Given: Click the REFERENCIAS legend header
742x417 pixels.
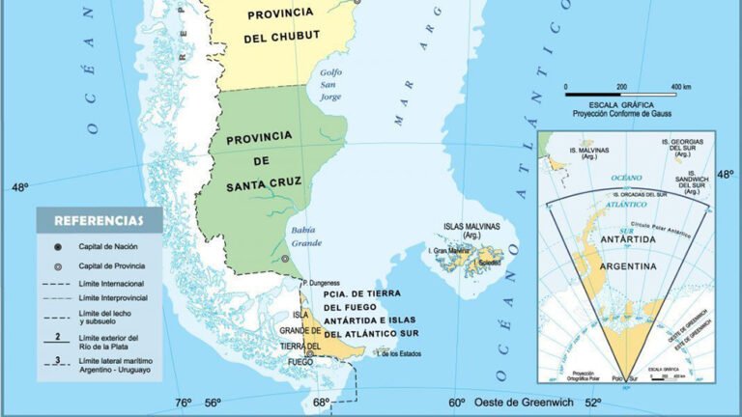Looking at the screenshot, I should [99, 220].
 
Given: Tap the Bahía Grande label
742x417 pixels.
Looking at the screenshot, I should [306, 236].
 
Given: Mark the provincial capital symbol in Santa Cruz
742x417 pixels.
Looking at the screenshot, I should [285, 259].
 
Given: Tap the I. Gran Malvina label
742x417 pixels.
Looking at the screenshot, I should [450, 253].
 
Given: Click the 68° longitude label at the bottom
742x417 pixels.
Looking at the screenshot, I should [321, 403].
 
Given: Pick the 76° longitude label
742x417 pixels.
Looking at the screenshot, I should [184, 403].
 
